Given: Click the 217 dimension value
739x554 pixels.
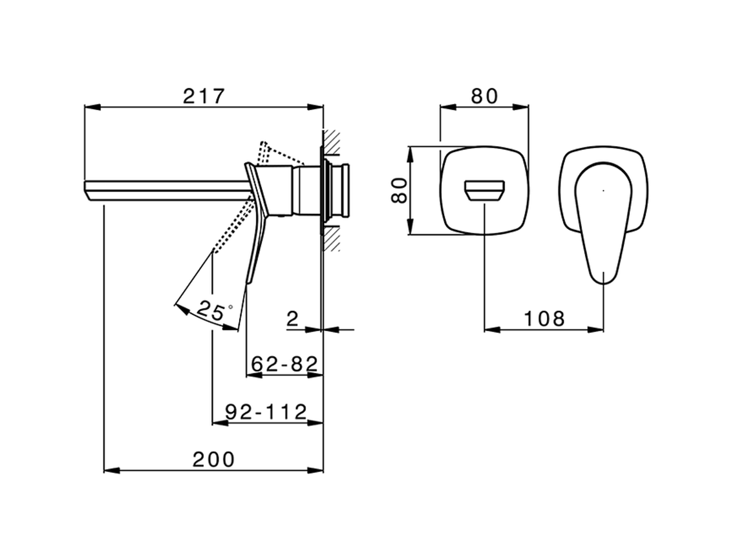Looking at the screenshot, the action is point(203,96).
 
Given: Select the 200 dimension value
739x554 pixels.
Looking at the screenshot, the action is point(214,459).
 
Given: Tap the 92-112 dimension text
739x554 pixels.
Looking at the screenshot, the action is point(266,411).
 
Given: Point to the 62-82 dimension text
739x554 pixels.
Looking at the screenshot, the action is point(284,364).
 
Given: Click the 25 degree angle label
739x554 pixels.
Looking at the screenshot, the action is point(210,310).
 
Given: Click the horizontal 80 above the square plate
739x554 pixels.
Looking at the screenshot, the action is point(484,96).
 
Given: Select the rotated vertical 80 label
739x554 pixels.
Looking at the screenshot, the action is point(399,190).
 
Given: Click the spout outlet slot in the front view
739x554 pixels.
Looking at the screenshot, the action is point(484,190).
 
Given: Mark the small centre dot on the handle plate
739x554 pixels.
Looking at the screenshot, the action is point(603,190).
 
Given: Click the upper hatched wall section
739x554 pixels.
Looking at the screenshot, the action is point(331,143).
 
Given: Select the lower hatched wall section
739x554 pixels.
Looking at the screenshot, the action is point(331,239).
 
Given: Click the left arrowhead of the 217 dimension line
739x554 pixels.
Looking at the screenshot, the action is point(92,107).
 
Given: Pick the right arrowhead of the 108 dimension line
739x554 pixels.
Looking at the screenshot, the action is point(595,330).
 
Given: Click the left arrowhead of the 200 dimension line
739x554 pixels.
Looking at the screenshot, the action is point(112,470).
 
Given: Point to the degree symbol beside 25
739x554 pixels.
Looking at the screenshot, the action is point(230,307).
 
